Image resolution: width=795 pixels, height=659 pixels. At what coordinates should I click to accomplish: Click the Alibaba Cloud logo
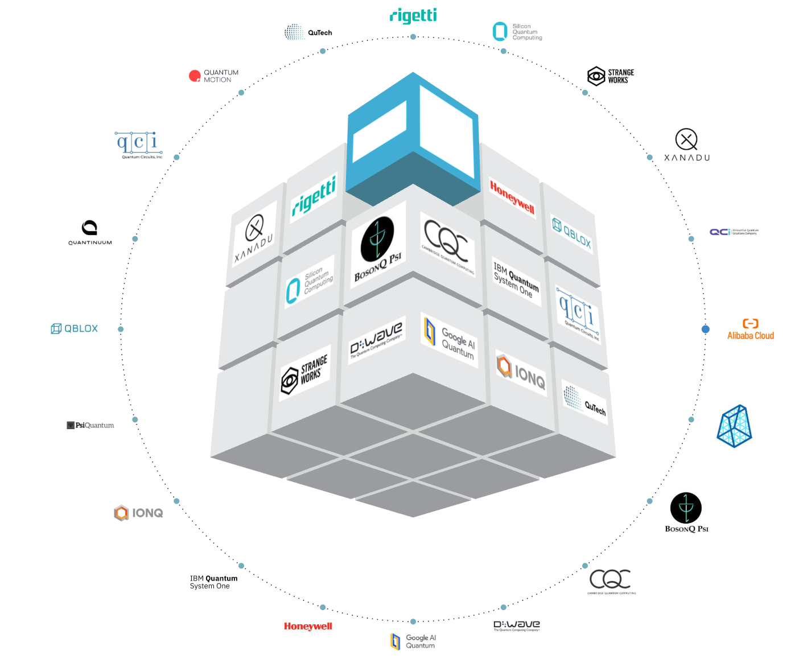[x=750, y=329]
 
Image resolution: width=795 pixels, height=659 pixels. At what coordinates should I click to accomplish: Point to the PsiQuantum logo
[x=90, y=425]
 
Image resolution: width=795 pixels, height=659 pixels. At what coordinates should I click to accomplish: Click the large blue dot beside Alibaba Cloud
[x=706, y=329]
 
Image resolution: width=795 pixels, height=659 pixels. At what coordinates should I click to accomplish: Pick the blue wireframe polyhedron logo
[x=734, y=426]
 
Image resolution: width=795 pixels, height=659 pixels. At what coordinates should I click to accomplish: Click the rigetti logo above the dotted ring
[x=414, y=15]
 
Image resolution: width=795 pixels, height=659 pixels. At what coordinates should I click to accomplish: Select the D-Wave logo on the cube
[x=376, y=339]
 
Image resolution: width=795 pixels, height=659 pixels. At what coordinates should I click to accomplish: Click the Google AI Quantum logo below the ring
[x=414, y=641]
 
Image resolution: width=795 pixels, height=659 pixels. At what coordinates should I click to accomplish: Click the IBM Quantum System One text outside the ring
[x=213, y=582]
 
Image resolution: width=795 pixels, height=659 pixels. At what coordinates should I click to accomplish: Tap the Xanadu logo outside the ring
[x=687, y=145]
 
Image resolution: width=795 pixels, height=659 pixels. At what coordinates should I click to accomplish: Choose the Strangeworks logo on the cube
[x=305, y=374]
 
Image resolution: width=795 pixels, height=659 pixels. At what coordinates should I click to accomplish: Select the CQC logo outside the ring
[x=611, y=581]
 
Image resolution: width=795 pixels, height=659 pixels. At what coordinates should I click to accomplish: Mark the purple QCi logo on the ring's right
[x=733, y=232]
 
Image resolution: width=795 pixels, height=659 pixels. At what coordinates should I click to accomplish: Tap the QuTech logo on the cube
[x=584, y=401]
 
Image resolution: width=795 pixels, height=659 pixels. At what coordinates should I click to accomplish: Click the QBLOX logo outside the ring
[x=75, y=328]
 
